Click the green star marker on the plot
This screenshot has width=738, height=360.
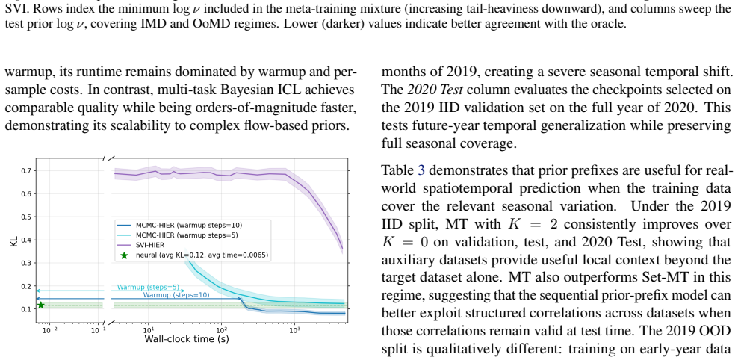click(x=41, y=305)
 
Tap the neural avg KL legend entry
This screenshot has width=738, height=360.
click(x=194, y=255)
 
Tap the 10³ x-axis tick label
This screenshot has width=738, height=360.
click(x=294, y=329)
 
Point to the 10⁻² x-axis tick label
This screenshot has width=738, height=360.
click(x=50, y=329)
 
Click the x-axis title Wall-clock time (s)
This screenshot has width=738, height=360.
click(x=187, y=339)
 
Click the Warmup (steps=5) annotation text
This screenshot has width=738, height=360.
click(x=148, y=287)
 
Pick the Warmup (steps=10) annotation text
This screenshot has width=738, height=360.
click(x=176, y=295)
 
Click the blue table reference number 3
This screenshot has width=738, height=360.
click(x=421, y=170)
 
